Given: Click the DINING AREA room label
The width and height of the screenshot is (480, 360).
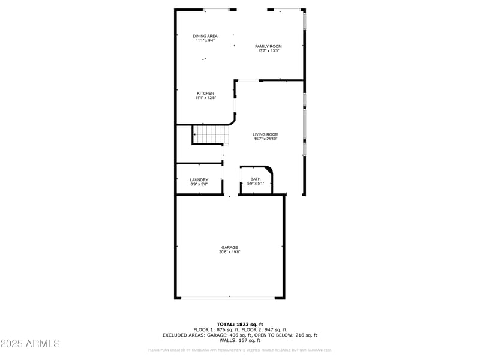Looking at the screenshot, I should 205,36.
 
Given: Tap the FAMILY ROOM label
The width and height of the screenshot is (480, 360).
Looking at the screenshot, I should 268,46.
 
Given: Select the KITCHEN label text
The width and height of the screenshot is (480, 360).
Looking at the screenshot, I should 205,93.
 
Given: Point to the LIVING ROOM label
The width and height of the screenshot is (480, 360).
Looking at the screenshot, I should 265,134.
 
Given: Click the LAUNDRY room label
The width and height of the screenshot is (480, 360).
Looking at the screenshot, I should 199,179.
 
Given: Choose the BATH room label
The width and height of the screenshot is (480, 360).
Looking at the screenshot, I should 256,179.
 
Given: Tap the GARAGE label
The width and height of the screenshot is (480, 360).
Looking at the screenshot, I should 229,247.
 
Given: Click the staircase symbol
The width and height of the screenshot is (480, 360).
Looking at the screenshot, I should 211,134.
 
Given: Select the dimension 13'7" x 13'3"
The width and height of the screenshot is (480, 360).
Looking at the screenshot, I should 268,51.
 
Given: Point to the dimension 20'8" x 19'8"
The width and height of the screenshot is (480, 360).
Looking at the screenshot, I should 229,252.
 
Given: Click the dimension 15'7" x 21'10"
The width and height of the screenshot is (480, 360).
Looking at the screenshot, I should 265,139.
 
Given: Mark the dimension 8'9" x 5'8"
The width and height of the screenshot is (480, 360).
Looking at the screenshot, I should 199,184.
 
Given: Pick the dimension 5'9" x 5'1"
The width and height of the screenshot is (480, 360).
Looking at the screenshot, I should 256,184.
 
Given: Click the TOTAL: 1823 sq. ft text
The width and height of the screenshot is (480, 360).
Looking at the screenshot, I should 240,324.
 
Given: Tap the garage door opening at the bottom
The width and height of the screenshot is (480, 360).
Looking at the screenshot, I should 229,297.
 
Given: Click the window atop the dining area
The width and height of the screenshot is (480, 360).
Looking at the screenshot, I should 216,10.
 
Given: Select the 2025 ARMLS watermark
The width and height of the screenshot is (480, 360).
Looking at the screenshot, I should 30,344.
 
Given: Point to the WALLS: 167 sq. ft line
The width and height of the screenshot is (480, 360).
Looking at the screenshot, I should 240,340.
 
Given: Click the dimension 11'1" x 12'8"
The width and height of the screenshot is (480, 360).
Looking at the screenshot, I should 205,98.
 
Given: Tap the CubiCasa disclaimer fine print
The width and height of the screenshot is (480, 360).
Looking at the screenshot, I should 240,350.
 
